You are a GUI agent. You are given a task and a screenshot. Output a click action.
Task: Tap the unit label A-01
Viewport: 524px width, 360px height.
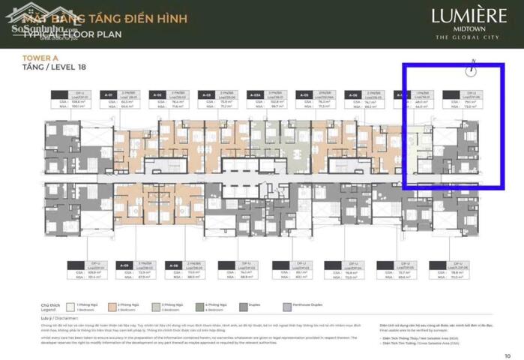tap(109, 96)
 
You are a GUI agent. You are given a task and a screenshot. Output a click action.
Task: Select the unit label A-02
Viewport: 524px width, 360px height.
tap(158, 96)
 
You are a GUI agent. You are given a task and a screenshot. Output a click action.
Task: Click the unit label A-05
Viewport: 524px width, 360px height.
tap(305, 96)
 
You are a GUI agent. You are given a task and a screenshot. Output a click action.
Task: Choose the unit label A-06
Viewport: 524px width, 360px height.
tap(353, 96)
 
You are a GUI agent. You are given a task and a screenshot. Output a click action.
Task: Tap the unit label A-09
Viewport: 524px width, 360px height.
tap(126, 265)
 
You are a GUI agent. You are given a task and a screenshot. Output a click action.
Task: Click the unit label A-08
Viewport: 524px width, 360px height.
tap(174, 265)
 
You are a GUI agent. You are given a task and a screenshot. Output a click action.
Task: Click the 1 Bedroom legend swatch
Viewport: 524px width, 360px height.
tap(70, 307)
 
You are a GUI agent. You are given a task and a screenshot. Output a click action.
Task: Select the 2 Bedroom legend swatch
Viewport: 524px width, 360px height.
tap(111, 307)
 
